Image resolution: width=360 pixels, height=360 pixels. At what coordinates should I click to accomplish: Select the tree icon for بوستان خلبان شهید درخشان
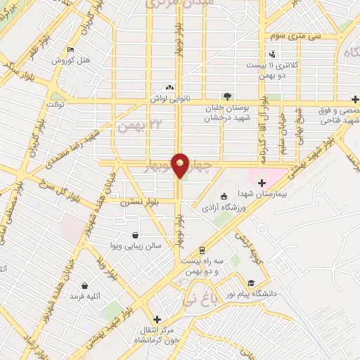226,96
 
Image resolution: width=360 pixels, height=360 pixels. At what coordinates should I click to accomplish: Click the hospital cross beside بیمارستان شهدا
262,183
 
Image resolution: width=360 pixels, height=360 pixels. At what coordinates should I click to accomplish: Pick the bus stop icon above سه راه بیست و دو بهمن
202,250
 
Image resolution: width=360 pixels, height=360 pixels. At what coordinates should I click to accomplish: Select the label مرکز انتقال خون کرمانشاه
157,335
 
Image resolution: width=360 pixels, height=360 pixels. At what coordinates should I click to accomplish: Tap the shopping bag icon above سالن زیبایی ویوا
135,235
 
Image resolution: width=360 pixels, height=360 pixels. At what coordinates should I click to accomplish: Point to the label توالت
56,105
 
